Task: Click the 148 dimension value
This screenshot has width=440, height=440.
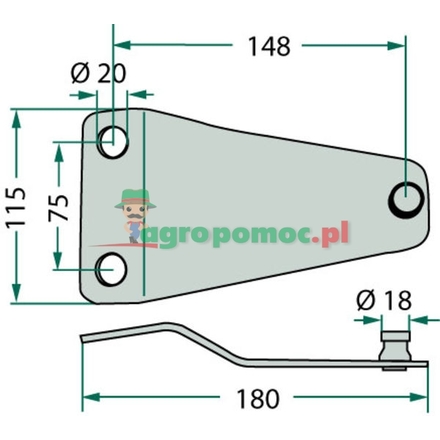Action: click(267, 45)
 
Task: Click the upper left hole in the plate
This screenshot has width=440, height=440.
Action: click(113, 142)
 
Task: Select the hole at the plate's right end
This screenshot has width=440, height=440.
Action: click(406, 199)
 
